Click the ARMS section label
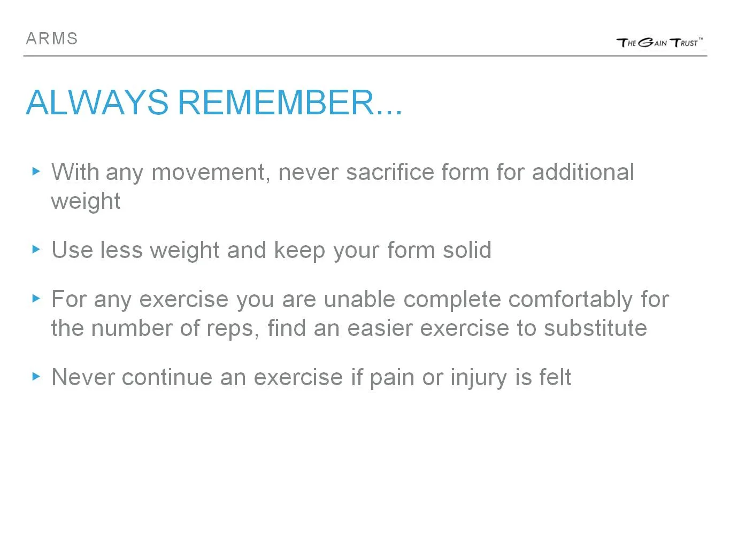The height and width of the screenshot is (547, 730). pyautogui.click(x=52, y=39)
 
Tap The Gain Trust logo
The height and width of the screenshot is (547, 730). pyautogui.click(x=659, y=43)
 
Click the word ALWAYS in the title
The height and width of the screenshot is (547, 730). pyautogui.click(x=97, y=102)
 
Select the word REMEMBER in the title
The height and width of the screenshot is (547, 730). pyautogui.click(x=276, y=102)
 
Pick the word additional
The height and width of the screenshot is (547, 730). pyautogui.click(x=583, y=173)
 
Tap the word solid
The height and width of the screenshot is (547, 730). pyautogui.click(x=467, y=250)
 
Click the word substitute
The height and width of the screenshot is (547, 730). pyautogui.click(x=595, y=328)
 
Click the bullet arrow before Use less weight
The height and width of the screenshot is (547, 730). pyautogui.click(x=36, y=249)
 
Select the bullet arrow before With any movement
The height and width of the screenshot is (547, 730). pyautogui.click(x=36, y=171)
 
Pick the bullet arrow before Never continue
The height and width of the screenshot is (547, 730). pyautogui.click(x=36, y=376)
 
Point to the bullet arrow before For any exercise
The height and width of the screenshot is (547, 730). pyautogui.click(x=36, y=298)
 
